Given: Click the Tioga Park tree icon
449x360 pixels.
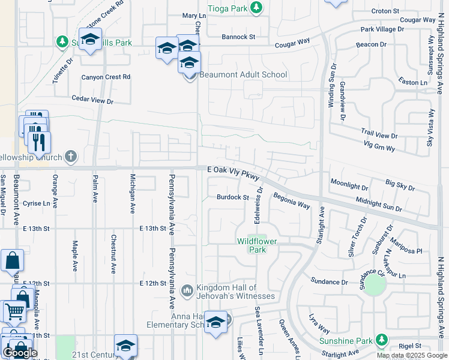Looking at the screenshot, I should (x=257, y=7).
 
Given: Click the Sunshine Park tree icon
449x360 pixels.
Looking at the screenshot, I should (x=381, y=340).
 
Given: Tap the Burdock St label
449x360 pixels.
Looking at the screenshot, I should (x=233, y=197).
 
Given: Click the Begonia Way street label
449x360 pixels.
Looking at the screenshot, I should (x=292, y=200).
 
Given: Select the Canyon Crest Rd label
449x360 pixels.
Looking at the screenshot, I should (x=106, y=77).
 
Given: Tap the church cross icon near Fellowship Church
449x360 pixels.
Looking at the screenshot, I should (x=71, y=157).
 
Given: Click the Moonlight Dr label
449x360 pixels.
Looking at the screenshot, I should (x=349, y=181).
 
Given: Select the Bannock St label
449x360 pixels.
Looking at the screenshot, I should (x=238, y=37).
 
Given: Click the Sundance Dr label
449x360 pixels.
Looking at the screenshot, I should (x=329, y=281).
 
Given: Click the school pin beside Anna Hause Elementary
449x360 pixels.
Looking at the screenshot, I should (x=215, y=322).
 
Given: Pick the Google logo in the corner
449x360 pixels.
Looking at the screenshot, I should (x=20, y=352).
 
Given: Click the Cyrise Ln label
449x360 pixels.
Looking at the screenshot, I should (x=36, y=203).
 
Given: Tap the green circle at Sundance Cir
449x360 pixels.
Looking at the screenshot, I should (x=375, y=285).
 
